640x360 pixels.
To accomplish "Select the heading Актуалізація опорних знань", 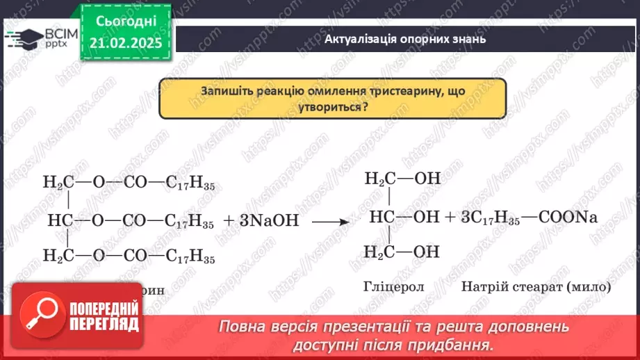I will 405,39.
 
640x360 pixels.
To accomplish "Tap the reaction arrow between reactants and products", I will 329,222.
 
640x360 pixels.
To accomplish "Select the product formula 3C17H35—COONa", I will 529,217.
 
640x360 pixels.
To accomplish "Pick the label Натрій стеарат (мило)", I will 534,286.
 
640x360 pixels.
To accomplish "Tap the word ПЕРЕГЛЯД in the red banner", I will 104,325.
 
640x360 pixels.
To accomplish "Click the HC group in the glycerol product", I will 381,217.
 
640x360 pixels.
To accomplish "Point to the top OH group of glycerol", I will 427,179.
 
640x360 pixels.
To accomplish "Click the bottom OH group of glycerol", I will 427,251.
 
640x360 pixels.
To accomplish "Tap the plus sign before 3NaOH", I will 230,221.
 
